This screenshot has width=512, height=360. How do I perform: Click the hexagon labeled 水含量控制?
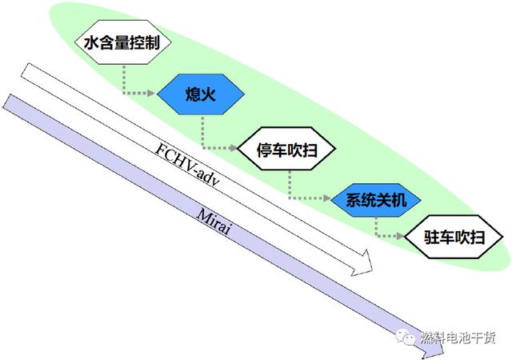click(123, 42)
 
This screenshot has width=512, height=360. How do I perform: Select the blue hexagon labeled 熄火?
click(201, 94)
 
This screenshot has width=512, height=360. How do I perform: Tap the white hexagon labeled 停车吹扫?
click(286, 149)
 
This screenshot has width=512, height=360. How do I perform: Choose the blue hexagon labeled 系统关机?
click(376, 200)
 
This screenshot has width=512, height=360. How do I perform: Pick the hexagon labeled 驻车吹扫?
click(454, 237)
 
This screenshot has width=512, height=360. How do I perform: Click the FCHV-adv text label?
click(187, 164)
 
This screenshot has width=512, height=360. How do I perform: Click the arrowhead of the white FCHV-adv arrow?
click(363, 263)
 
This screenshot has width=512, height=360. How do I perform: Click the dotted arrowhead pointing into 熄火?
click(151, 93)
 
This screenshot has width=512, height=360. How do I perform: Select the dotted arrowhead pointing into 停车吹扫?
click(233, 148)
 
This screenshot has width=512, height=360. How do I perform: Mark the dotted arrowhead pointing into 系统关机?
click(327, 198)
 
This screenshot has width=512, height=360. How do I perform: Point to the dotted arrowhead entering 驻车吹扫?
click(400, 235)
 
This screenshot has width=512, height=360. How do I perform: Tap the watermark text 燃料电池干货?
click(458, 337)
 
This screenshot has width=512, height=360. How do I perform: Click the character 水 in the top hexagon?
click(91, 42)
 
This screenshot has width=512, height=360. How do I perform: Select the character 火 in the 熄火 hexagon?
click(208, 94)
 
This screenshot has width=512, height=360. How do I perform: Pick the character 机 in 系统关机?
click(398, 200)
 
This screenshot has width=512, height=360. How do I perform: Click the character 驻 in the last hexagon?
click(431, 237)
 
